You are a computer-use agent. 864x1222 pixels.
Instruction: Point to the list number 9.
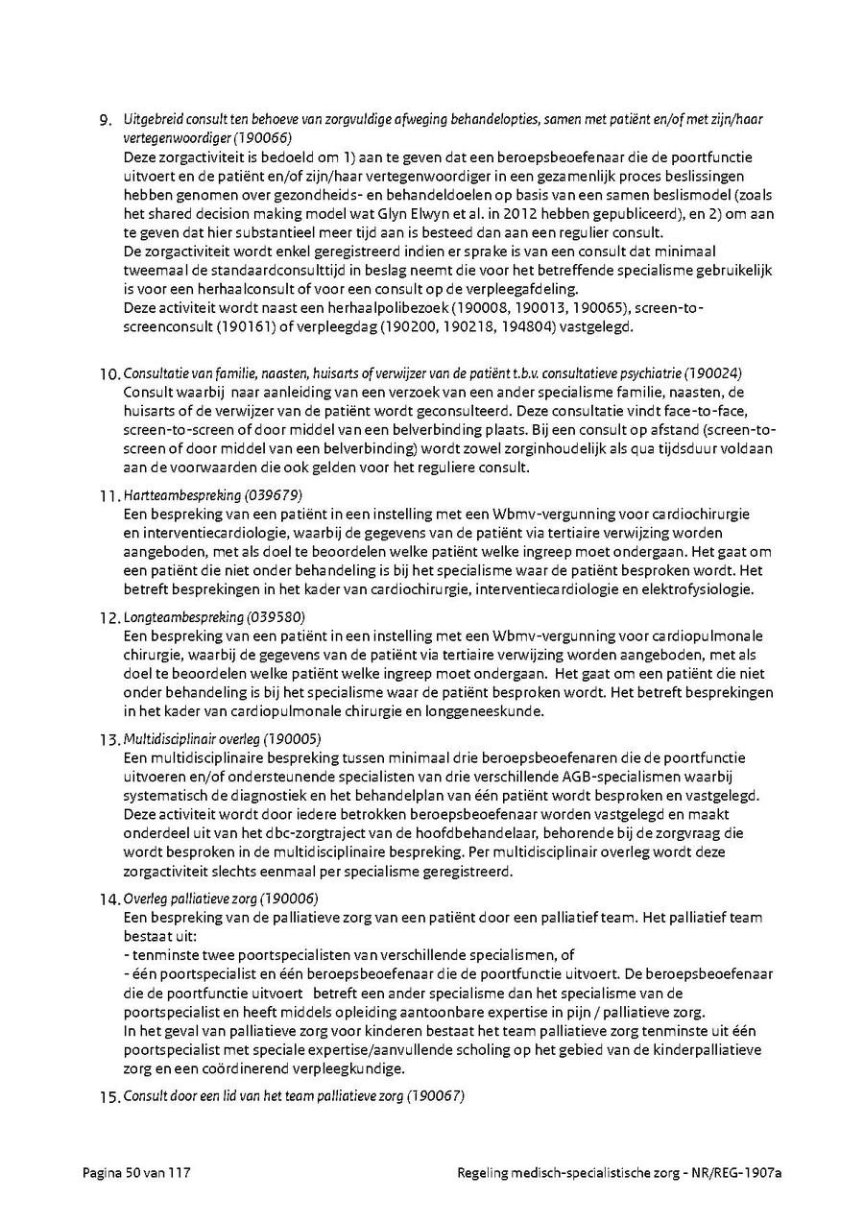point(108,121)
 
